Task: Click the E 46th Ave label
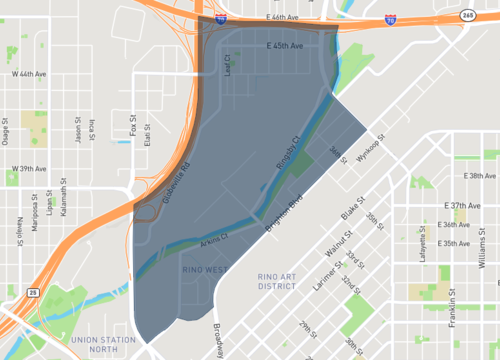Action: [283, 18]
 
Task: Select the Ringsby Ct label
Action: [287, 152]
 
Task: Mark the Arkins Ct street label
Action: [215, 240]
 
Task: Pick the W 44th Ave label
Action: [29, 74]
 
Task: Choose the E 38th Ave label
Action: [480, 176]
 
